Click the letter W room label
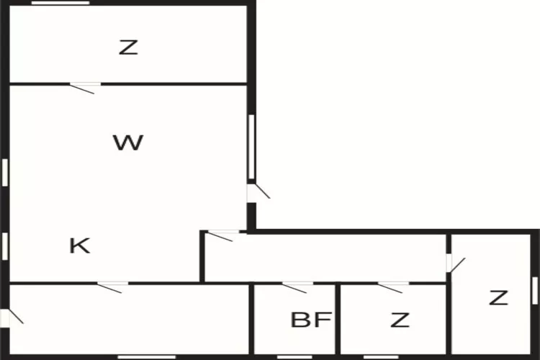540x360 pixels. (128, 143)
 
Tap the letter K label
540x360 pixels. (80, 246)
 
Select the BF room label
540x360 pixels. (311, 320)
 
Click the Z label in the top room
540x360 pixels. (128, 48)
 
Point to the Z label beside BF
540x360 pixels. (400, 320)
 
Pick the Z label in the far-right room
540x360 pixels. (499, 297)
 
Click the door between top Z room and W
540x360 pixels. (85, 88)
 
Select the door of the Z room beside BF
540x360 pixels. (393, 287)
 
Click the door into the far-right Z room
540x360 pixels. (456, 264)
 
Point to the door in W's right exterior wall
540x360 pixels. (258, 192)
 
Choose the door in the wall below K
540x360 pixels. (112, 287)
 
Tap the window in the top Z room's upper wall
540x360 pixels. (60, 3)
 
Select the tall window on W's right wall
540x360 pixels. (251, 147)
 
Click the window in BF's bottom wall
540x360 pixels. (294, 357)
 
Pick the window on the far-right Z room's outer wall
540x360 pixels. (535, 291)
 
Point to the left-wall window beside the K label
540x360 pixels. (5, 246)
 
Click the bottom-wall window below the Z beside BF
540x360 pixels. (381, 357)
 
